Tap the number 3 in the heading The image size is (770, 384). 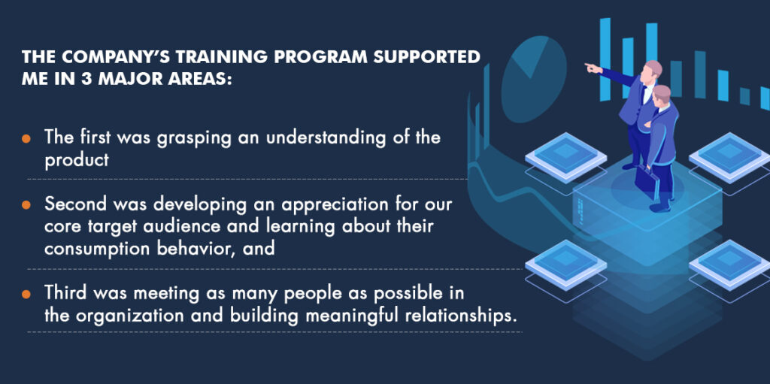pyautogui.click(x=87, y=79)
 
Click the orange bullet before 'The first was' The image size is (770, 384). pyautogui.click(x=26, y=138)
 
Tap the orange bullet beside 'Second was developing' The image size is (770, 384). pyautogui.click(x=26, y=204)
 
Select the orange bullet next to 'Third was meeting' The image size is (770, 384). pyautogui.click(x=26, y=294)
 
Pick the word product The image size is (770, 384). pyautogui.click(x=77, y=160)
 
